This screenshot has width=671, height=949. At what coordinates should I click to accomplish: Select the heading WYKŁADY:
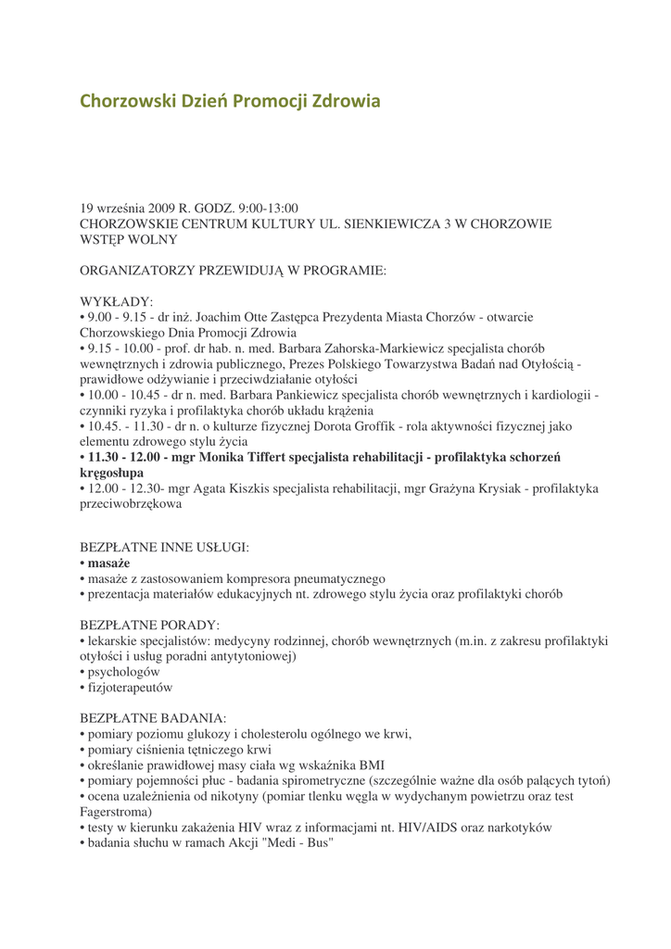[117, 302]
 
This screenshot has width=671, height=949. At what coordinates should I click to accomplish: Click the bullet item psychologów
[124, 672]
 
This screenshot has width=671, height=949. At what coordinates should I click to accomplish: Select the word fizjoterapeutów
[129, 688]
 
